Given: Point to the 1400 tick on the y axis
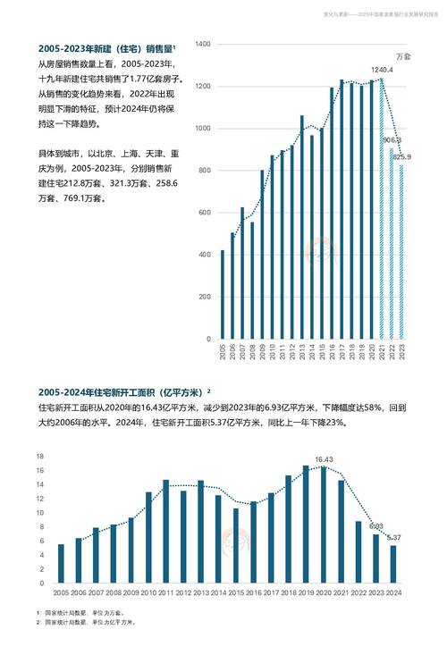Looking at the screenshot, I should [201, 44].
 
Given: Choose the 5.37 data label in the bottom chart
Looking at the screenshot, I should [392, 537].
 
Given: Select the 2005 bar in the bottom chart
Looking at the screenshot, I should [61, 564].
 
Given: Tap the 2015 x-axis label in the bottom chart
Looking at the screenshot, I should [235, 592].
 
